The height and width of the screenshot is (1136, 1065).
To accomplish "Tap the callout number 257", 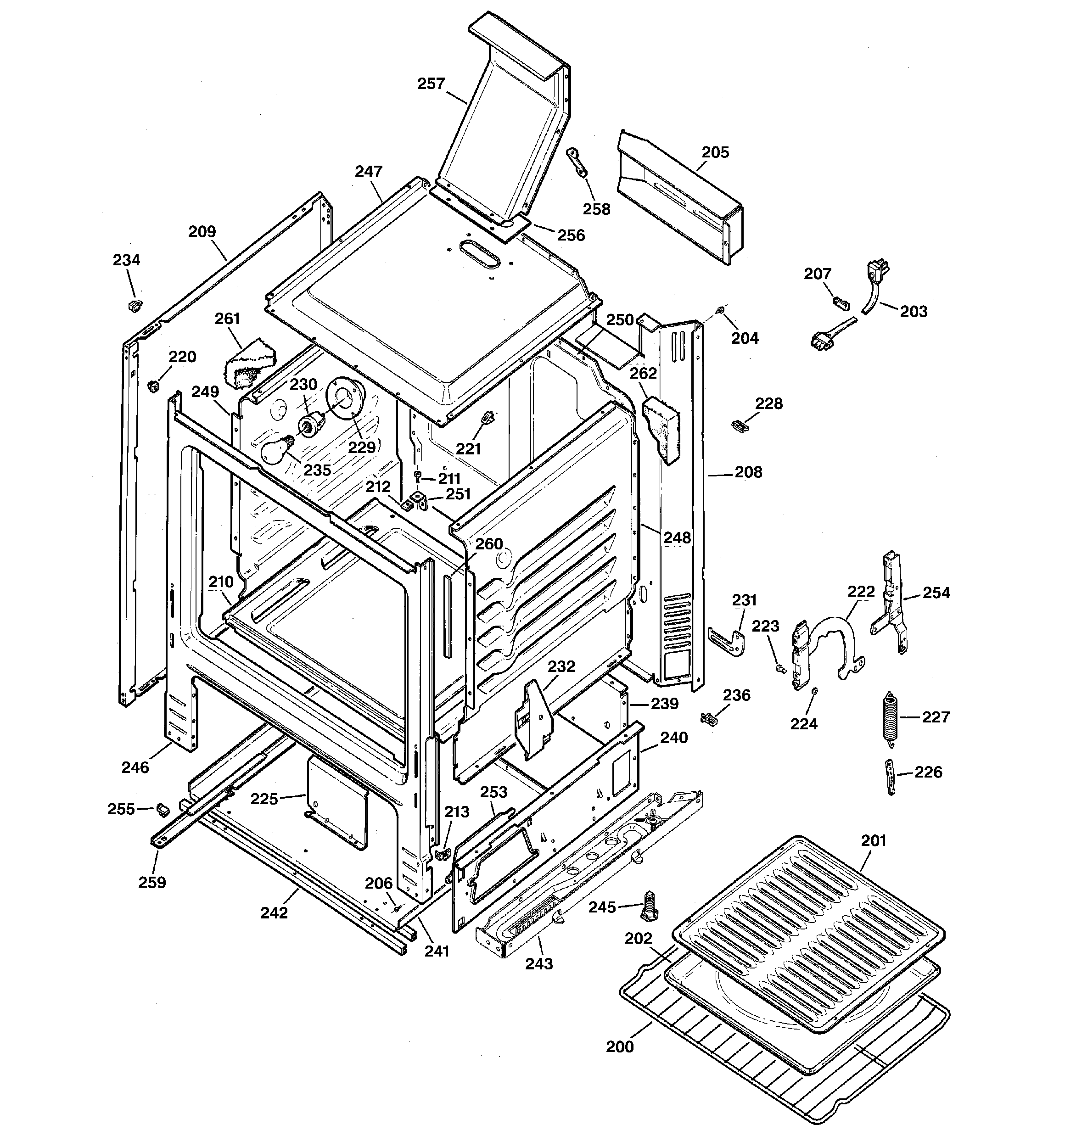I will pos(431,84).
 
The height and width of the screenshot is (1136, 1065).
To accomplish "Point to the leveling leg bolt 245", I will pos(650,907).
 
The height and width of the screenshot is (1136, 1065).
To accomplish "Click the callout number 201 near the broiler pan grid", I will pos(874,840).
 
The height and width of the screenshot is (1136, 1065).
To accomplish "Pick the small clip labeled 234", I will pos(135,305).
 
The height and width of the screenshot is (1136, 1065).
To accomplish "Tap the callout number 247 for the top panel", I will pos(369,171).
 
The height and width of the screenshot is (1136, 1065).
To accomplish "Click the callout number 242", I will pos(275,913).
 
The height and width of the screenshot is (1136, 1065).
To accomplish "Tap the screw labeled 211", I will pos(417,476).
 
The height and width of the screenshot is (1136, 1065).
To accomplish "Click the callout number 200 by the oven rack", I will pos(620,1047).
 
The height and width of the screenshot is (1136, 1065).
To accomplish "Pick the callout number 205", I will pos(715,152).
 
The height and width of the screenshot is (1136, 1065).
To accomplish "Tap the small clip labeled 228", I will pos(740,425).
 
